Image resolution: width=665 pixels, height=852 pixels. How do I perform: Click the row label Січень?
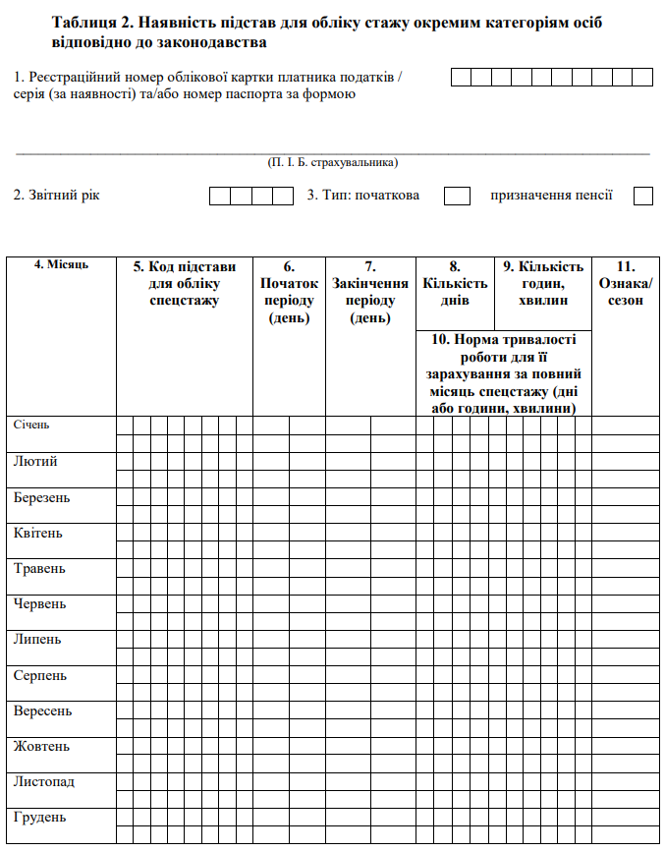pos(31,426)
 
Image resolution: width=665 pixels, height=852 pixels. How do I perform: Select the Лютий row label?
pos(35,461)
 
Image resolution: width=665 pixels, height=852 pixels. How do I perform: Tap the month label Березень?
pos(42,497)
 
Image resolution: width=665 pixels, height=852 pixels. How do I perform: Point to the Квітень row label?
pos(38,533)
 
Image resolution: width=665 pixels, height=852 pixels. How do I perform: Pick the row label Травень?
pos(39,568)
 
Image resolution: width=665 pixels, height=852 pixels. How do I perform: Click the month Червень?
pos(40,603)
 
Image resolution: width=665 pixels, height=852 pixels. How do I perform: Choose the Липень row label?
pos(37,639)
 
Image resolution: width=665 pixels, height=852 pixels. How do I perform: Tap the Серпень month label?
pos(40,675)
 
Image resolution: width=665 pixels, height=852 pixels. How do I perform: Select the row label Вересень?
pos(43,710)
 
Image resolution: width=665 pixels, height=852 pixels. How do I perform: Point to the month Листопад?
pos(44,781)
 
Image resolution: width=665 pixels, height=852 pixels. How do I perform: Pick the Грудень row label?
pos(40,818)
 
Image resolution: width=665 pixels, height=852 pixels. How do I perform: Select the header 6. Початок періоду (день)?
pos(289,292)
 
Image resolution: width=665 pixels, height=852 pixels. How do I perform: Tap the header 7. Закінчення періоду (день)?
pos(370,292)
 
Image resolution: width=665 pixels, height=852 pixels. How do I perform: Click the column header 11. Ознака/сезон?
pos(626,283)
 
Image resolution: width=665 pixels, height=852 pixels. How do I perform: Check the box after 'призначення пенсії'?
pos(643,197)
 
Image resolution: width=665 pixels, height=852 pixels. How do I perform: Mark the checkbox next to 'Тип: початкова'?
pos(457,197)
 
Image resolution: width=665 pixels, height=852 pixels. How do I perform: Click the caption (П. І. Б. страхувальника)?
pos(333,162)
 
